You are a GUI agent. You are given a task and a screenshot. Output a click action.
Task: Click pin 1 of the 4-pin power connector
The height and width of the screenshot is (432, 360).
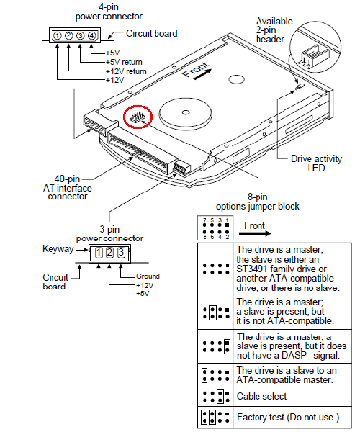pyautogui.click(x=58, y=35)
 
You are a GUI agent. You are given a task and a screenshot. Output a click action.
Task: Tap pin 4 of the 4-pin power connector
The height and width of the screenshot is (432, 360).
pyautogui.click(x=91, y=35)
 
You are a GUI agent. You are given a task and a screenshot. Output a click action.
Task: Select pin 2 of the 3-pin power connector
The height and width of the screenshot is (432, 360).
pyautogui.click(x=109, y=253)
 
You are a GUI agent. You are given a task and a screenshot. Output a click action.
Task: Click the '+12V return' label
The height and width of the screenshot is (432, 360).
pyautogui.click(x=126, y=71)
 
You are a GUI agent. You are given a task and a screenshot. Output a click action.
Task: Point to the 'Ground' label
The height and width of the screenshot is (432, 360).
pyautogui.click(x=148, y=276)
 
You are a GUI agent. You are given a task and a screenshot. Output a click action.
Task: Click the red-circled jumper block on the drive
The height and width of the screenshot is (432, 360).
pyautogui.click(x=138, y=117)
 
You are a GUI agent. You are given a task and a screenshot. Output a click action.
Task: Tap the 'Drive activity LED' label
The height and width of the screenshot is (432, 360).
pyautogui.click(x=316, y=163)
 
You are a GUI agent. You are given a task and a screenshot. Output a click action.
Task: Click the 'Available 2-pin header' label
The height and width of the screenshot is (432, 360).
pyautogui.click(x=274, y=30)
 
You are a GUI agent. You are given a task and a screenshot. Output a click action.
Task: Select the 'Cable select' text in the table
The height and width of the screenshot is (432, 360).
pyautogui.click(x=261, y=396)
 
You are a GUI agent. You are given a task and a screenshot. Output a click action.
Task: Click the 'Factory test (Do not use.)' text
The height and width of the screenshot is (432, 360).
pyautogui.click(x=288, y=417)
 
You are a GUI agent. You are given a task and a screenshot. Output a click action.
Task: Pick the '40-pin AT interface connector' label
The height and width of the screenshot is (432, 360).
pyautogui.click(x=68, y=188)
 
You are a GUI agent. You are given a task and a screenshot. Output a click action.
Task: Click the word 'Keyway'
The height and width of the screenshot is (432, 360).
pyautogui.click(x=58, y=249)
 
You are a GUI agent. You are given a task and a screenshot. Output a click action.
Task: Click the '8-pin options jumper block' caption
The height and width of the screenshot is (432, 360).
pyautogui.click(x=257, y=202)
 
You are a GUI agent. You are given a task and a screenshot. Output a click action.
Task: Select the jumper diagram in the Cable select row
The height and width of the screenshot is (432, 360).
pyautogui.click(x=216, y=397)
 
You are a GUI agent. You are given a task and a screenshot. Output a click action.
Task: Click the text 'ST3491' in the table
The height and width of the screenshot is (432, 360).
pyautogui.click(x=251, y=269)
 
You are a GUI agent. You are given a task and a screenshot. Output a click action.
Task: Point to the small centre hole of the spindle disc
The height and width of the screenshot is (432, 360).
pyautogui.click(x=186, y=112)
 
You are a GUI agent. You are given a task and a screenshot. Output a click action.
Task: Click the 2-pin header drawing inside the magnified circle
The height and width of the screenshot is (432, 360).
pyautogui.click(x=312, y=57)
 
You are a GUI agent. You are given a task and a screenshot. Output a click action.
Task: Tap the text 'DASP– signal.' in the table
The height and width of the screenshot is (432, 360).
pyautogui.click(x=311, y=356)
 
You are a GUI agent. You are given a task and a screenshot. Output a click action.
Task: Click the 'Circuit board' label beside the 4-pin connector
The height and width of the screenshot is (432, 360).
pyautogui.click(x=152, y=33)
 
